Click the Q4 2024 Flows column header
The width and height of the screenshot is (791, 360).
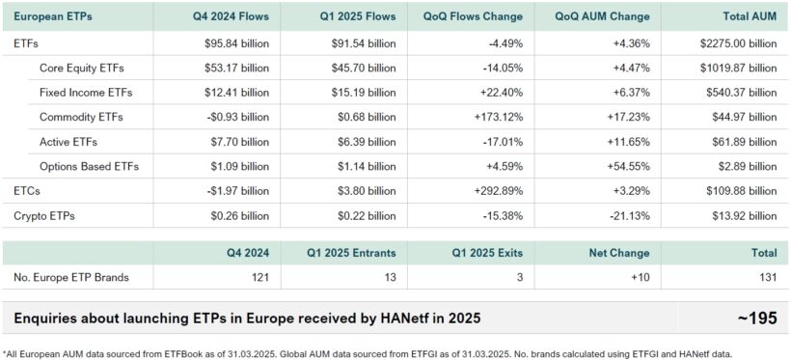click(x=229, y=16)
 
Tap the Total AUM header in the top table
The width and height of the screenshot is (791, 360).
click(x=750, y=16)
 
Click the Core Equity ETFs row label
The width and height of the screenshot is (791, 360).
click(x=81, y=68)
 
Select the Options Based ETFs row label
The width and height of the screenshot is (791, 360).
click(x=89, y=165)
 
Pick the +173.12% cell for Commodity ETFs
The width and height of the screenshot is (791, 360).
click(x=497, y=117)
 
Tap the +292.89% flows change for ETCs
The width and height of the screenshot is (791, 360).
click(x=497, y=190)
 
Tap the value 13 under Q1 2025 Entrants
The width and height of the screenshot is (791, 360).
click(x=389, y=278)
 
